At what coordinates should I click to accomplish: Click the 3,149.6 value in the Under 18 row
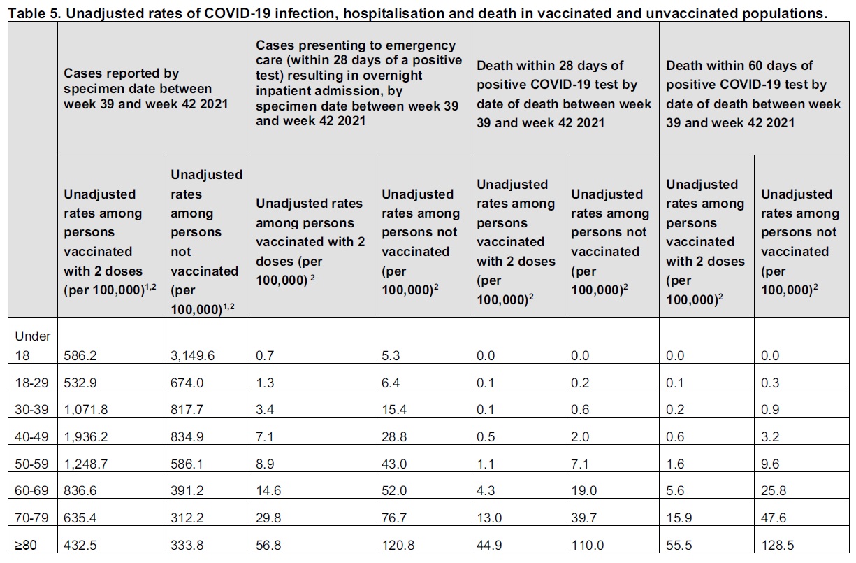[192, 355]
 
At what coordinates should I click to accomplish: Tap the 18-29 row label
[32, 383]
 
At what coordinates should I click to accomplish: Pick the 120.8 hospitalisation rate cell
[401, 545]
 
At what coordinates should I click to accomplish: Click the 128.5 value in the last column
[779, 545]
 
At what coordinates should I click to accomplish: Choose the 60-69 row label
[32, 490]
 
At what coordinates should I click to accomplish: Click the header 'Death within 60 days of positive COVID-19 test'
[753, 94]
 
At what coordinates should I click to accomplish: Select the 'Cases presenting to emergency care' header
[358, 83]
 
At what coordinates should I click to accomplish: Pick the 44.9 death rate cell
[491, 545]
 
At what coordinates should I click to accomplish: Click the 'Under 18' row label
[32, 345]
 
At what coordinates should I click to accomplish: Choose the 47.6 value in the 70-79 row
[773, 518]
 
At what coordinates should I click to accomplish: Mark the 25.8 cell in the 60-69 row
[773, 490]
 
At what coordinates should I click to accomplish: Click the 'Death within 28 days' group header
[563, 94]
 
